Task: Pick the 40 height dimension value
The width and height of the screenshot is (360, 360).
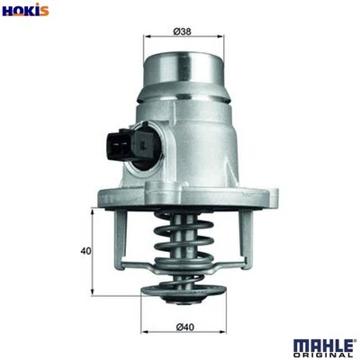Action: tap(84, 251)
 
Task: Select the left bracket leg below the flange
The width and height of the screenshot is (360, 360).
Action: tap(118, 238)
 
